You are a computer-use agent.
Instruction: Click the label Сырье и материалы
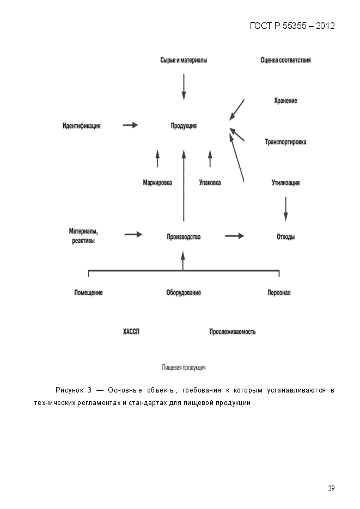(x=184, y=60)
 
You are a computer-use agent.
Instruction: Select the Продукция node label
(x=184, y=126)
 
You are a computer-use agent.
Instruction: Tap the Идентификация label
(x=82, y=126)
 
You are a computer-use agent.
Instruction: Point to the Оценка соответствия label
(x=285, y=60)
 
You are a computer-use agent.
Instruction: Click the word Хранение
(x=285, y=101)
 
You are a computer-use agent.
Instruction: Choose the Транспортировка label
(x=285, y=142)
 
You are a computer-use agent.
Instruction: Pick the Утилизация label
(x=285, y=183)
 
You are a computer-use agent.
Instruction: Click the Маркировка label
(x=157, y=183)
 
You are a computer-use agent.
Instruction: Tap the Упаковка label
(x=210, y=183)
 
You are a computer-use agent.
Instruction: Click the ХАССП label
(x=131, y=332)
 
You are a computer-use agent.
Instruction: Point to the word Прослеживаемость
(x=233, y=332)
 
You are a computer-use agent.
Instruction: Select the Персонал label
(x=279, y=292)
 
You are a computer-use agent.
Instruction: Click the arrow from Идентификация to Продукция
(x=131, y=125)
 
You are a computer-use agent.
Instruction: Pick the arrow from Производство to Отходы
(x=235, y=236)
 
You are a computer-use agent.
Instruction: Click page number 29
(x=331, y=488)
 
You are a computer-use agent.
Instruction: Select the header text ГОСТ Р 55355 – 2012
(x=292, y=26)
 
